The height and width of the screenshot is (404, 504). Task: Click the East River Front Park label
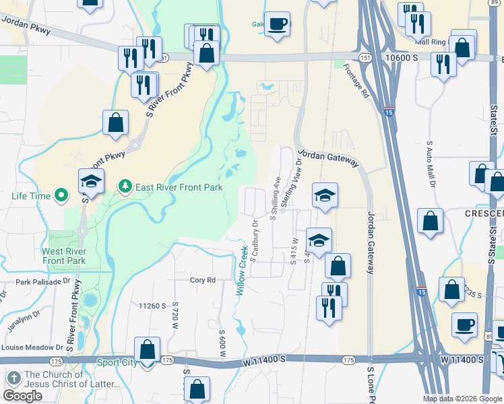click(179, 187)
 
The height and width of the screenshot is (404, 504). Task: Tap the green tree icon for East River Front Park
click(125, 186)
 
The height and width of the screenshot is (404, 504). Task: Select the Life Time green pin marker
click(61, 196)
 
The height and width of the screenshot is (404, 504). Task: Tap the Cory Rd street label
click(202, 280)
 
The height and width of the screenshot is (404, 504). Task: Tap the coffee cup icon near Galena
click(277, 25)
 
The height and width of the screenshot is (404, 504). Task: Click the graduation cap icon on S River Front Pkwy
click(91, 181)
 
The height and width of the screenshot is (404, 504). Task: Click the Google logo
click(22, 396)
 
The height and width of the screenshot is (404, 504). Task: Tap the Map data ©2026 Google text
click(462, 399)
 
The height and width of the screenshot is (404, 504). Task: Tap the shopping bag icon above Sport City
click(148, 350)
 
